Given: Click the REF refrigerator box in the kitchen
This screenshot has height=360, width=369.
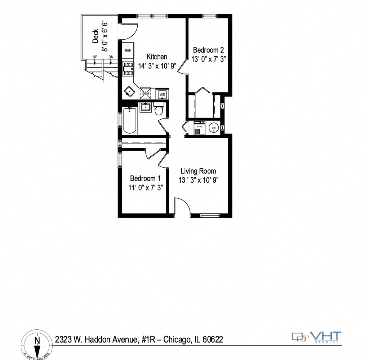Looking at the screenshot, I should point(128,51).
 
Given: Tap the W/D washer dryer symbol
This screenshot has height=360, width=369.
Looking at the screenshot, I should point(162,94).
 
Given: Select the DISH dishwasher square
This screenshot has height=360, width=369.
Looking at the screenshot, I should point(146,93).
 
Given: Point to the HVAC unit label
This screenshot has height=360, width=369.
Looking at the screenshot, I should point(199,126).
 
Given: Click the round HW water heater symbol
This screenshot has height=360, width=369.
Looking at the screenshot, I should point(214,128).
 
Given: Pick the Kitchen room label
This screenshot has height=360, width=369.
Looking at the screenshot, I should point(157,57).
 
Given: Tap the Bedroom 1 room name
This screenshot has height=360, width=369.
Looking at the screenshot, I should point(145,178).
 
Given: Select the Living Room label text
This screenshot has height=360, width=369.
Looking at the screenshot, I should point(198,171).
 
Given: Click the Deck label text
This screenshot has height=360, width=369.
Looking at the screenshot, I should point(95,36).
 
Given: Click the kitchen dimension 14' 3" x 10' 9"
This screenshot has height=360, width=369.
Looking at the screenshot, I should point(157,66).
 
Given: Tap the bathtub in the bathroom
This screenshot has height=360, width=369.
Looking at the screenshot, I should point(130,121).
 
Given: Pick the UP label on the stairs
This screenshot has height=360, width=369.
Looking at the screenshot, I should point(95,57).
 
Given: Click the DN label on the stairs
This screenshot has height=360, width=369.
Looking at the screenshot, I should point(111,57).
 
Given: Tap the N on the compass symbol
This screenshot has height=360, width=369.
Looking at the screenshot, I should point(37,339).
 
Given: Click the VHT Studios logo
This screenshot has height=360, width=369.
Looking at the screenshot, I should point(316,337).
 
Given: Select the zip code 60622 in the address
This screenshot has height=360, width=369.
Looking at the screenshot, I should point(213,339).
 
